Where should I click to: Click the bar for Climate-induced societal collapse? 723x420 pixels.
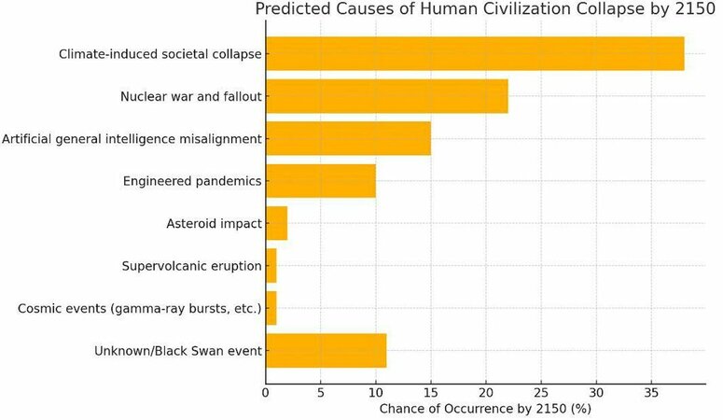475,53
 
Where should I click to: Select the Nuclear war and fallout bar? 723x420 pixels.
387,96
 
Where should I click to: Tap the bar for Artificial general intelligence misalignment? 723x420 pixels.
348,138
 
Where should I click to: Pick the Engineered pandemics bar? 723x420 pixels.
321,181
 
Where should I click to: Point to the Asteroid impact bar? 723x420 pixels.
276,224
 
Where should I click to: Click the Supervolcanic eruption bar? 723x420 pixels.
271,266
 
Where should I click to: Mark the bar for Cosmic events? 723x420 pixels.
271,308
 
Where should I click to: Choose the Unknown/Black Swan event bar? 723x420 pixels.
326,351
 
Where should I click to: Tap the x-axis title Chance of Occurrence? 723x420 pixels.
485,409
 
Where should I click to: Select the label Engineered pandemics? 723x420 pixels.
192,181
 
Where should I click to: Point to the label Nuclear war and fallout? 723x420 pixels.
190,96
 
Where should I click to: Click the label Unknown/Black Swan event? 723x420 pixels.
177,351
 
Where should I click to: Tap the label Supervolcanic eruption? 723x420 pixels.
191,266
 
